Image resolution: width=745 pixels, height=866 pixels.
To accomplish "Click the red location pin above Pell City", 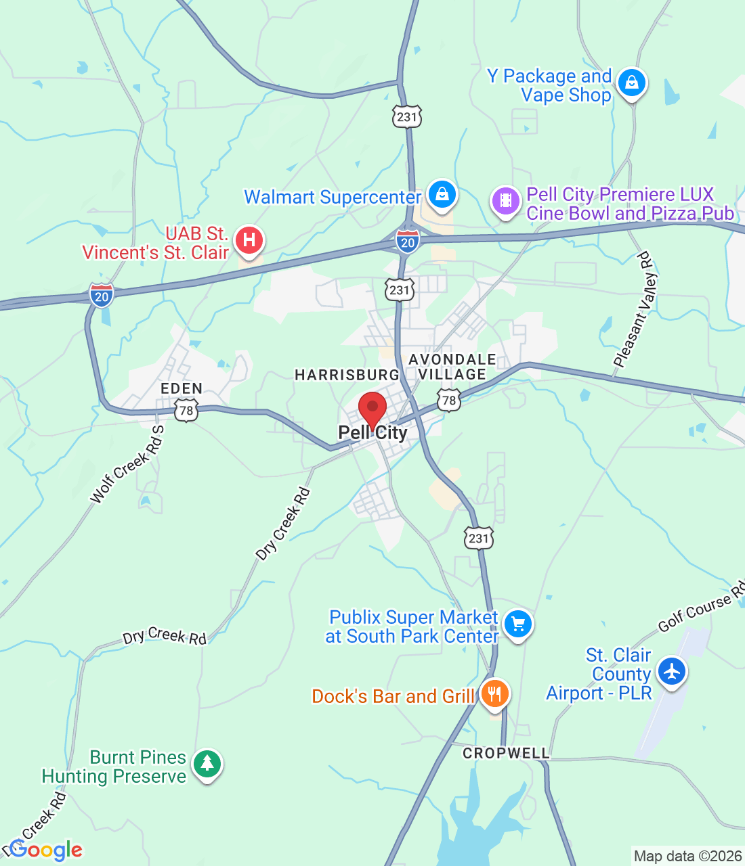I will (372, 408).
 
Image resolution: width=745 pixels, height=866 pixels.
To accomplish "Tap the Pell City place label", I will (373, 433).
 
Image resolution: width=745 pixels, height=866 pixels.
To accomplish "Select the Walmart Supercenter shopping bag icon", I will (442, 194).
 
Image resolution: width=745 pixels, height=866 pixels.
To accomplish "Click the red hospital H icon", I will (249, 240).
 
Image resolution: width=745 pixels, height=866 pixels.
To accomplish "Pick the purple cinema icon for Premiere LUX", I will (505, 201).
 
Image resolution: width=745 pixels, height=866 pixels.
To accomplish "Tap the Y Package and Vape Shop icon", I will (631, 83).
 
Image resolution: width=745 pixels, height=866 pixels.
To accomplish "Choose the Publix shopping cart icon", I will (518, 624).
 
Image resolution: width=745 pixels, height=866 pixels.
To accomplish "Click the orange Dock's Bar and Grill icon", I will (495, 693).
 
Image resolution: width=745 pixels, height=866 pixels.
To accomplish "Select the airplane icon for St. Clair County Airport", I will (671, 672).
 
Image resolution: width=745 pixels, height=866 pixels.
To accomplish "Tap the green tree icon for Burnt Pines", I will (207, 764).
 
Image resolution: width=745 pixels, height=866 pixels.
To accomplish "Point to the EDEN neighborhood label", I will (182, 388).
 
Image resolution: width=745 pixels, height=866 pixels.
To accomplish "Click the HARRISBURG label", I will (347, 375).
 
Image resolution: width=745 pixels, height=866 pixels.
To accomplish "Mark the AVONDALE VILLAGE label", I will (452, 367).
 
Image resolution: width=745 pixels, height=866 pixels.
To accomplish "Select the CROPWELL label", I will (506, 753).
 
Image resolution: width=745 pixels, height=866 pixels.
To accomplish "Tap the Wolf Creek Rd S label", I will (128, 465).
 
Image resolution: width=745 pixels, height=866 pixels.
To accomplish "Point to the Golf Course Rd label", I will (701, 607).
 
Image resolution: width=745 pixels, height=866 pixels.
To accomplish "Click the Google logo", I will (46, 850).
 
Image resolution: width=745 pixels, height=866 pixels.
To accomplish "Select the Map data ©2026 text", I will (687, 857).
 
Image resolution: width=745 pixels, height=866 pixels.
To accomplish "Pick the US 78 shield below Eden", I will (186, 410).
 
